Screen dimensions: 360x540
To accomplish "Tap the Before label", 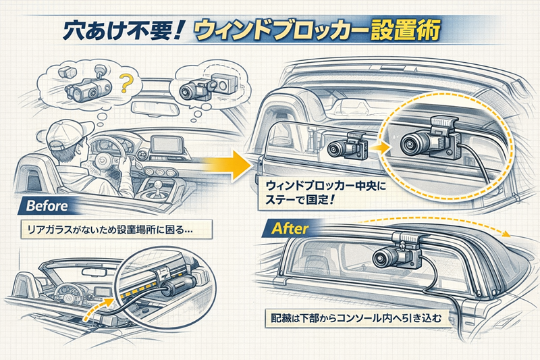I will (47, 205).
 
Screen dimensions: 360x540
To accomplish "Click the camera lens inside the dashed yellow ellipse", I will (410, 143).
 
